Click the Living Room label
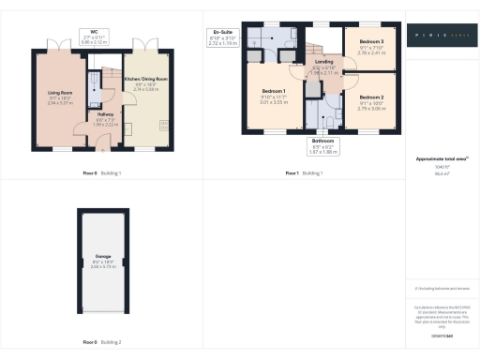click(59, 92)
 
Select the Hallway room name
click(105, 113)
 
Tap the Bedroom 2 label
click(372, 97)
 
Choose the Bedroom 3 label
click(372, 42)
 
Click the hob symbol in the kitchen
click(165, 127)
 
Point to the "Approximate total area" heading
click(441, 158)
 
